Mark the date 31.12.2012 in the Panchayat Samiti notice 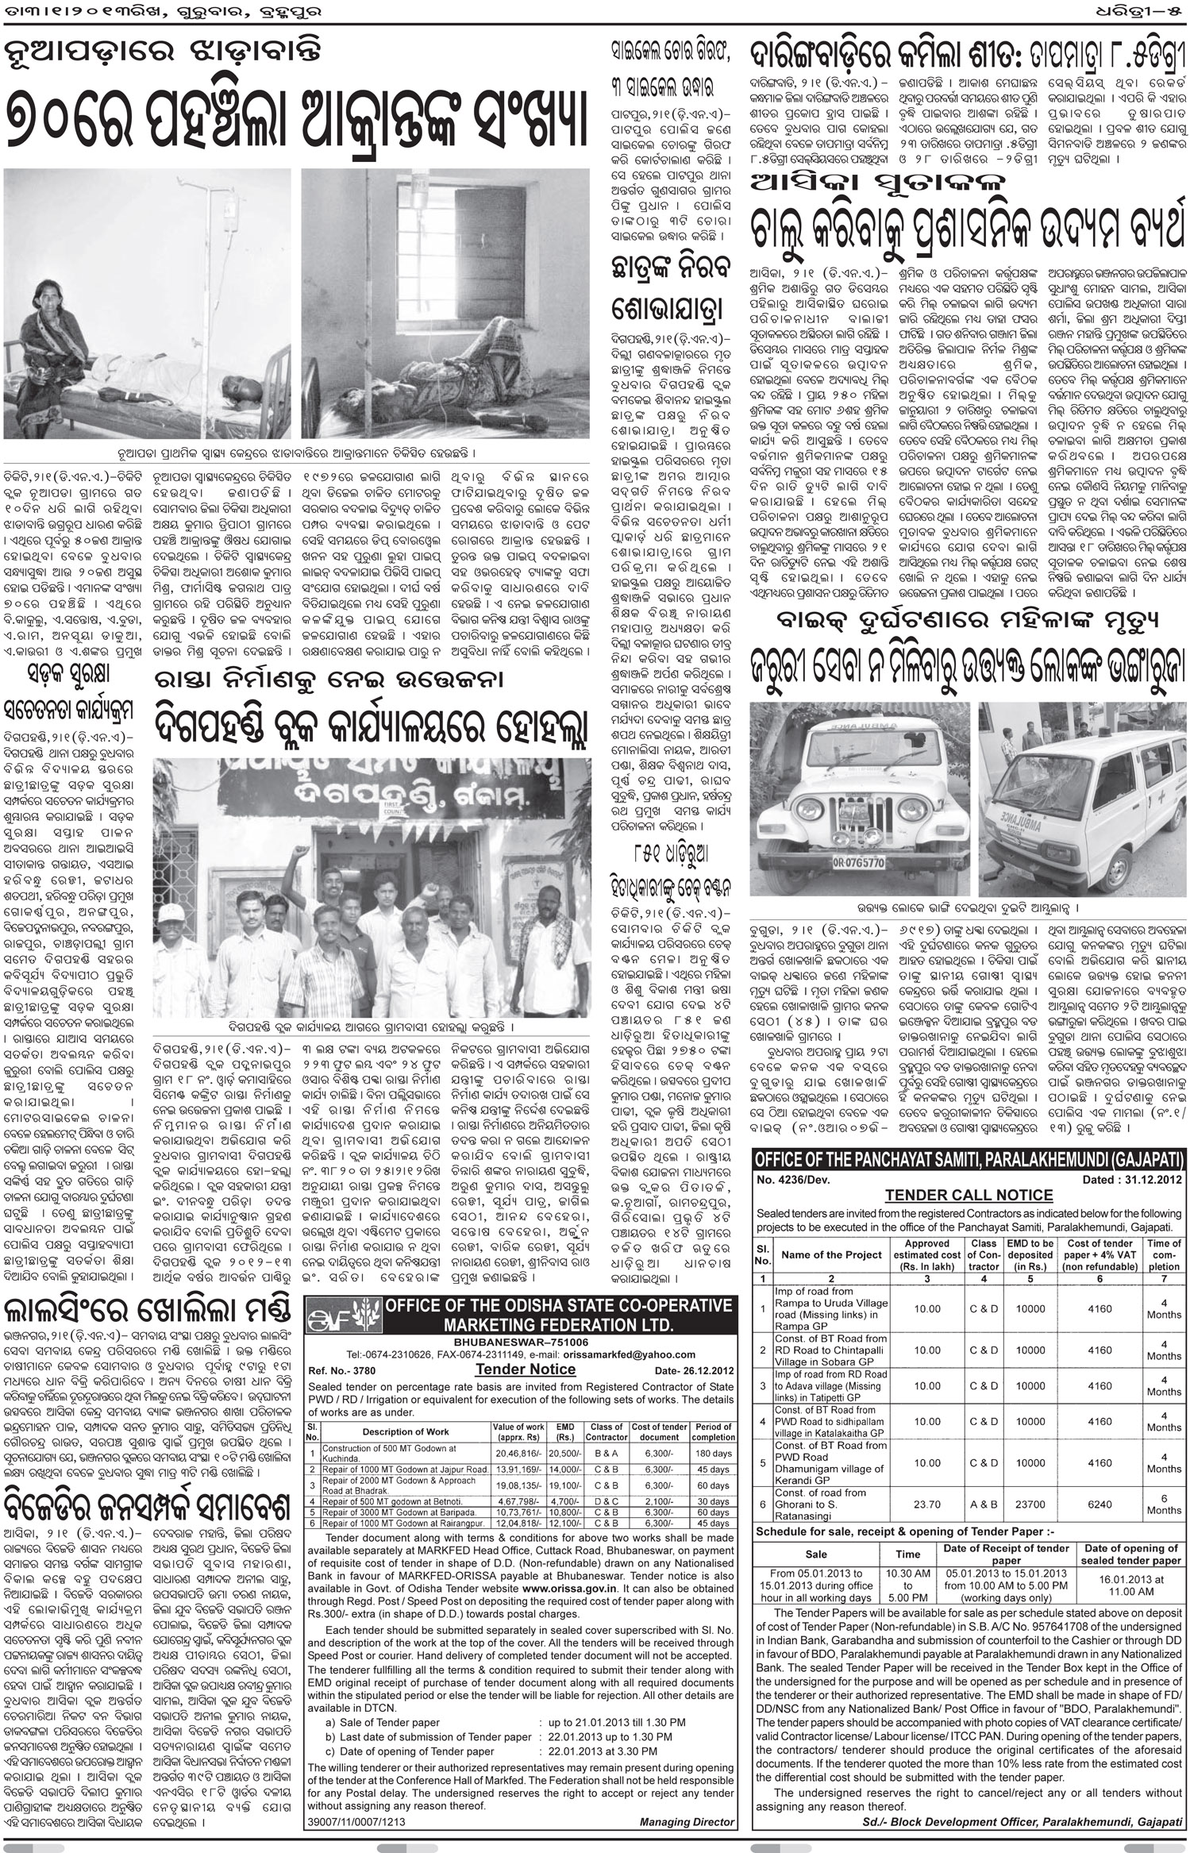pos(1132,1180)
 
